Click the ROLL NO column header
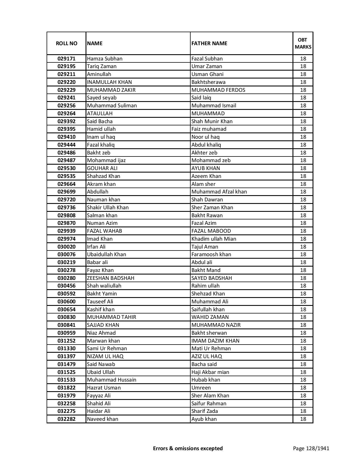tap(66, 43)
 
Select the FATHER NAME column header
tap(209, 43)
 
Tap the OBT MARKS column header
tap(303, 43)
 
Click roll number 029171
tap(66, 59)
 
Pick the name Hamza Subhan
tap(105, 59)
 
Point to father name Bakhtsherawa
tap(208, 82)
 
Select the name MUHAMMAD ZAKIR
tap(111, 90)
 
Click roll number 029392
tap(66, 121)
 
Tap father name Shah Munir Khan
tap(212, 121)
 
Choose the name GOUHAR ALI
tap(102, 168)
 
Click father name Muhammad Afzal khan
tap(219, 192)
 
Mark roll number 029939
tap(66, 231)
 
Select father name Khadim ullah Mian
tap(214, 239)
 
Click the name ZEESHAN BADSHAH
tap(111, 278)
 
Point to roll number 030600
tap(66, 302)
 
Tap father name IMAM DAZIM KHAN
tap(215, 341)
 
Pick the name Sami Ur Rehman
tap(107, 349)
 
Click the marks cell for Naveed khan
tap(303, 419)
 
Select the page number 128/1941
tap(311, 448)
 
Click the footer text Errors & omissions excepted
tap(188, 448)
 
